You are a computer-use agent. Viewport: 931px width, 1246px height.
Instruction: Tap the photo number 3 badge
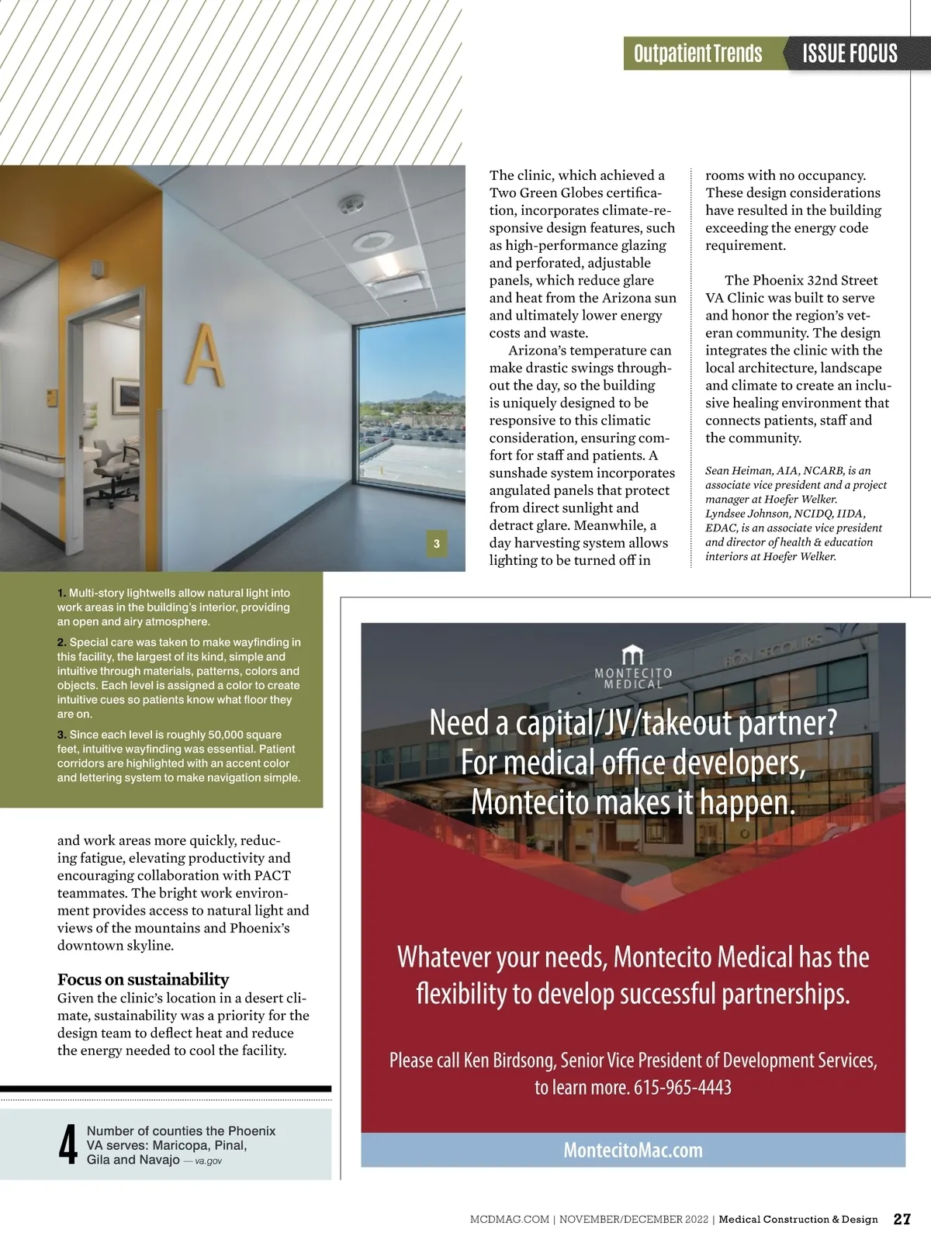click(437, 544)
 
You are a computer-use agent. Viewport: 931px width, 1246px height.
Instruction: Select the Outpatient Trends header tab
click(697, 54)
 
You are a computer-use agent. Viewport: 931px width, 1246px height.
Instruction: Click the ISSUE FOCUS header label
click(850, 54)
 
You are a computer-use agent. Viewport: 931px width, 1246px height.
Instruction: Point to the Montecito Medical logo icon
click(633, 654)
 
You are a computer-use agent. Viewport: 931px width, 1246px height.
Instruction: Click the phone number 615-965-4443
click(683, 1088)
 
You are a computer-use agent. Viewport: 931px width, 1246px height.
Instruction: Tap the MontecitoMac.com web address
click(633, 1150)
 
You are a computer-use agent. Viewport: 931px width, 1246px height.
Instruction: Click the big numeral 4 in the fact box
click(68, 1145)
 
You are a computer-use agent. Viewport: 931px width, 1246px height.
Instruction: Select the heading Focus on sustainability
click(143, 979)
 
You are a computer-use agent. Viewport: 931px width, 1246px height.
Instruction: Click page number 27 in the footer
click(902, 1219)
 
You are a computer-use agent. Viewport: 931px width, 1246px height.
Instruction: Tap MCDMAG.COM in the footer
click(509, 1220)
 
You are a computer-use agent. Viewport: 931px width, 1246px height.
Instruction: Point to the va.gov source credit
click(208, 1161)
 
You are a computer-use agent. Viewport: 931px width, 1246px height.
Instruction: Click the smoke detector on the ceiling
click(350, 204)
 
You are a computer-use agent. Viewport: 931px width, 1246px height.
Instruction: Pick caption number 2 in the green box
click(61, 642)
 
